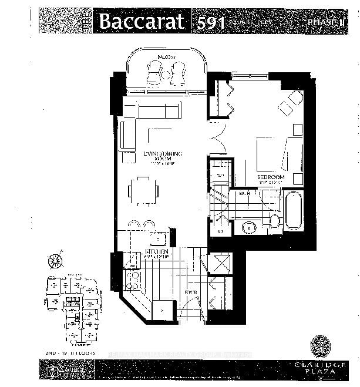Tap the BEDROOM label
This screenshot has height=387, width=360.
(x=270, y=177)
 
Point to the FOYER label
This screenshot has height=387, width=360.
(x=190, y=291)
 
